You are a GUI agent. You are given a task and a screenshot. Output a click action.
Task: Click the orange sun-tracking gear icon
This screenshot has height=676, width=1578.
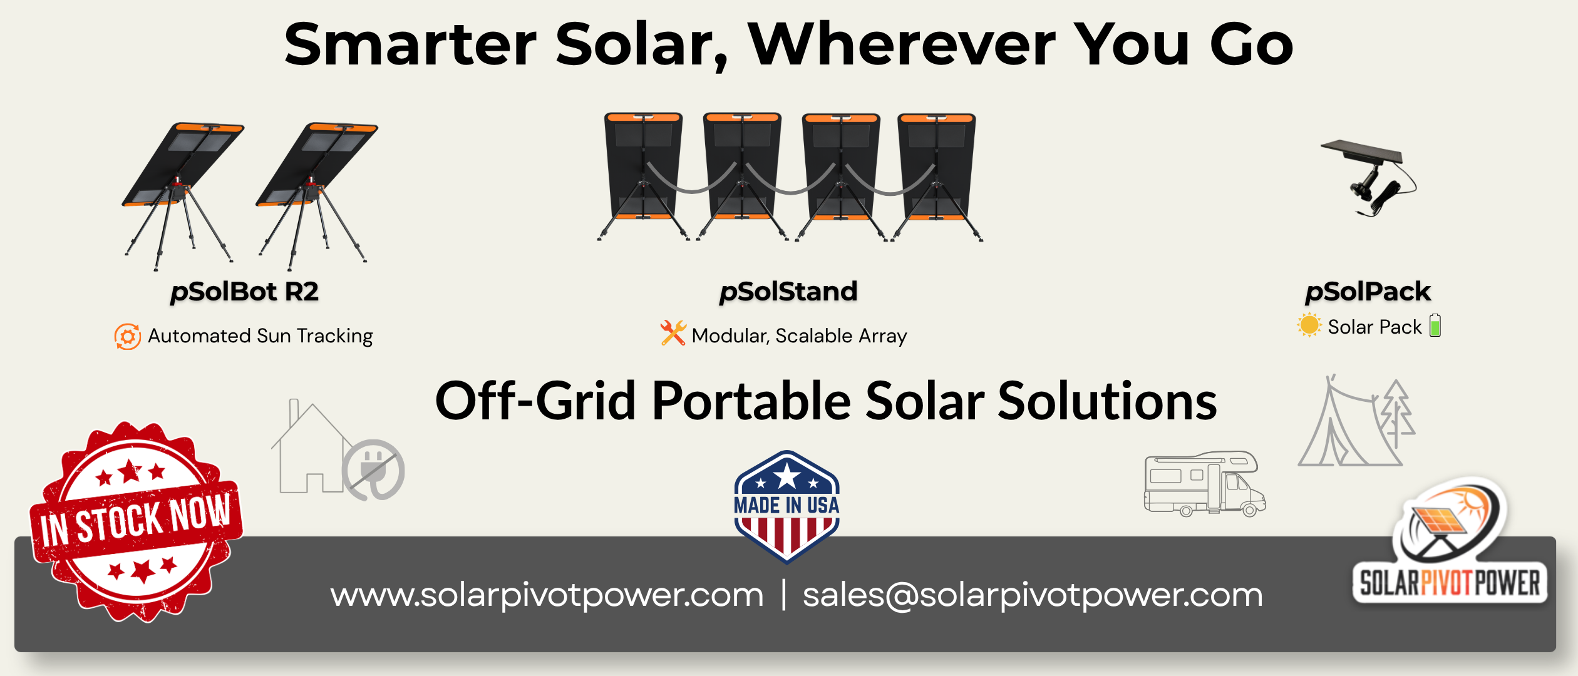[128, 337]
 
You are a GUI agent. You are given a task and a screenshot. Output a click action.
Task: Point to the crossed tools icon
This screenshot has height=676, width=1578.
[673, 333]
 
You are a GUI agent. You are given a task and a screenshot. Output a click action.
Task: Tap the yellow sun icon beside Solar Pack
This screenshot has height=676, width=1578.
[1309, 325]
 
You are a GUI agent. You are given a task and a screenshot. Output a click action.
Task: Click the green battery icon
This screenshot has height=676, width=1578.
[1435, 325]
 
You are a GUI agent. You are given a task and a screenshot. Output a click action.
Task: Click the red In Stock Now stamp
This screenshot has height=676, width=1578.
[137, 522]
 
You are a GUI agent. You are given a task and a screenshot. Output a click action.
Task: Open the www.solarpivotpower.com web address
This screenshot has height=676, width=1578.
[547, 595]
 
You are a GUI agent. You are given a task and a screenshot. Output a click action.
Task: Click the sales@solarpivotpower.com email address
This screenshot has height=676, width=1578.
[1033, 595]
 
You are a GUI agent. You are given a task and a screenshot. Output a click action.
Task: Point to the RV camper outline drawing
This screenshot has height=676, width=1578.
[1205, 484]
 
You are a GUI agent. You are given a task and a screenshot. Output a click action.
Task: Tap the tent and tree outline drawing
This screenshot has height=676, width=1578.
[1356, 421]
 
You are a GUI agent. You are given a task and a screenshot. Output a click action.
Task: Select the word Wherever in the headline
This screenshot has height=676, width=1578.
[902, 44]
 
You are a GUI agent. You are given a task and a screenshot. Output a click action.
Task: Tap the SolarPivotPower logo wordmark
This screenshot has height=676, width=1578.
[1450, 583]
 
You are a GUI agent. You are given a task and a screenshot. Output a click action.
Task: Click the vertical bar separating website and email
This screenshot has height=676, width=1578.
[783, 595]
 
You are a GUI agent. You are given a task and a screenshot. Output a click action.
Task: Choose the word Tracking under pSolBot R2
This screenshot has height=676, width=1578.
[335, 337]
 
